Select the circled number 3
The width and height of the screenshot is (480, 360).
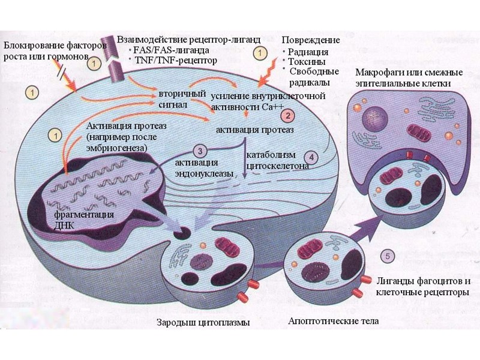201,151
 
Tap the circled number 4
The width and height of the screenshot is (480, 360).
314,152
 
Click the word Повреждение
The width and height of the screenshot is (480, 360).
310,40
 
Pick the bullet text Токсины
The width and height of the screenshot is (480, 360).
307,62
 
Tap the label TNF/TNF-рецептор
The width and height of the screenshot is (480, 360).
176,60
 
